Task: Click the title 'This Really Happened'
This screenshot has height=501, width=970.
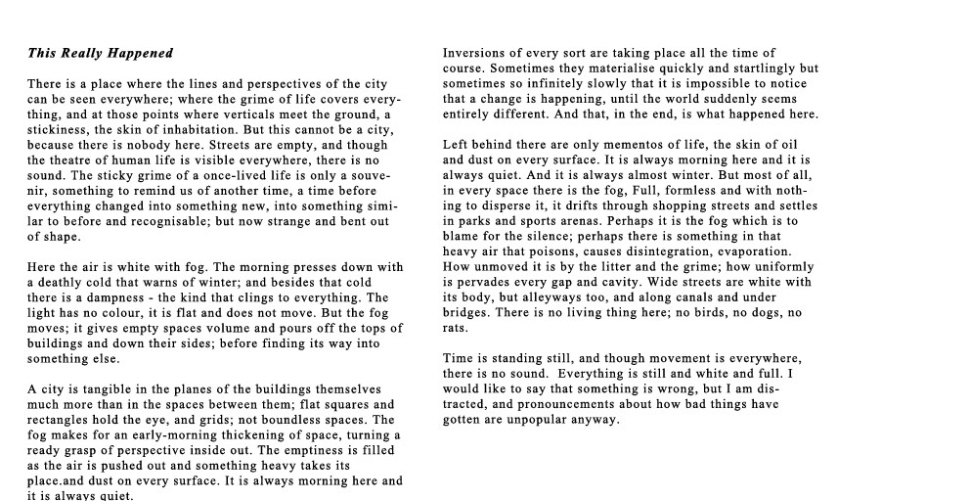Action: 100,53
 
